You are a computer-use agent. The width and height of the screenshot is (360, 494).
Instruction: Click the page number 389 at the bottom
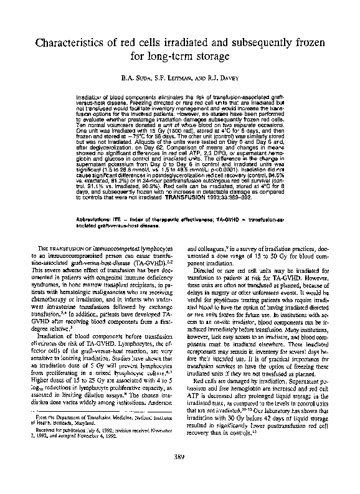180,477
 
